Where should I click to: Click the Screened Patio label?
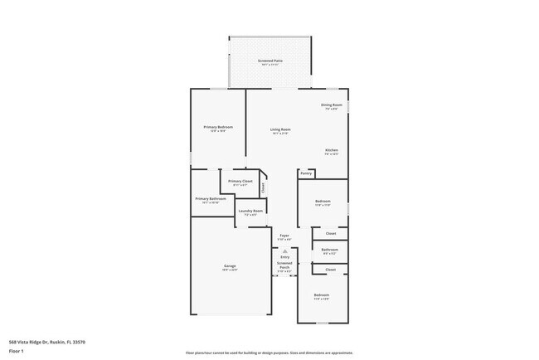click(269, 62)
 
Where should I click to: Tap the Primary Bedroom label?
click(218, 127)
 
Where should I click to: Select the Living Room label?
click(280, 129)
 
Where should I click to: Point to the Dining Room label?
click(331, 105)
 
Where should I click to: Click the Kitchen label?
click(331, 151)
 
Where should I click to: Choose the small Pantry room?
click(306, 173)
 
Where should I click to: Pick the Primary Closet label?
click(240, 181)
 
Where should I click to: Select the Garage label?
click(229, 267)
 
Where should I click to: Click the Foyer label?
click(284, 236)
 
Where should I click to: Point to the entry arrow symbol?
click(284, 250)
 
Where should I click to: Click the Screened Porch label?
click(284, 265)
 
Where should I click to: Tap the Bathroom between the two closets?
click(330, 250)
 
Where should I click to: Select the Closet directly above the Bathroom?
click(330, 234)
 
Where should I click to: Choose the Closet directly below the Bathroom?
click(330, 270)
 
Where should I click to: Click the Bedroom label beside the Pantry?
click(323, 202)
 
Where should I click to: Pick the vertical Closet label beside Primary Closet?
click(263, 187)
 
